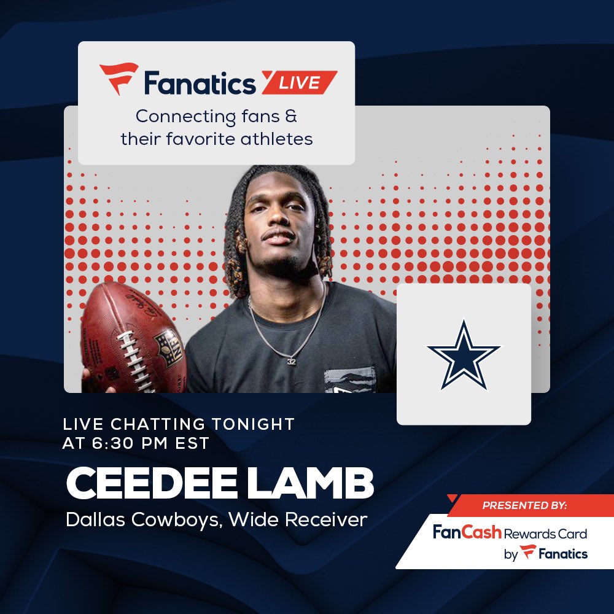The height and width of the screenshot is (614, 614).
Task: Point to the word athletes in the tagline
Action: pos(274,139)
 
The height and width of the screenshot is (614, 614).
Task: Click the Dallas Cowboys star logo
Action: pos(464,354)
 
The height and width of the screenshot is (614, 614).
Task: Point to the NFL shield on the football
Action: pos(167,346)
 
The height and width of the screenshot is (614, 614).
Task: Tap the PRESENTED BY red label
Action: pos(524,506)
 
